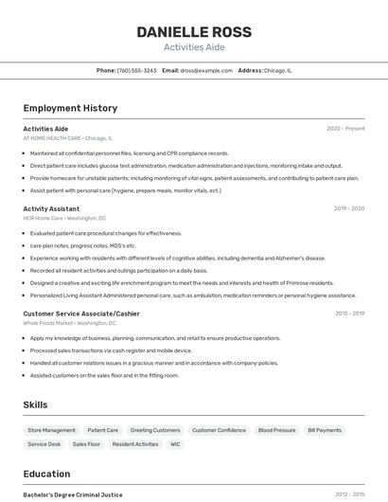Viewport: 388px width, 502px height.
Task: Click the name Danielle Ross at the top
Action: click(194, 31)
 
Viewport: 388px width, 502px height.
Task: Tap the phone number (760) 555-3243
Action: click(137, 70)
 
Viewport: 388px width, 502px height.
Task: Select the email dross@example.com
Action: click(206, 70)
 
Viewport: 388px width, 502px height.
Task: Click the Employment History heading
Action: click(70, 108)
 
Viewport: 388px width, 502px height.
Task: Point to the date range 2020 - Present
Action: click(345, 128)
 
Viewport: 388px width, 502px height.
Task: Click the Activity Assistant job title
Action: click(51, 208)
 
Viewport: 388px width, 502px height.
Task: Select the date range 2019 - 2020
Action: click(349, 208)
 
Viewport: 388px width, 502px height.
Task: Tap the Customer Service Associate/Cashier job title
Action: click(81, 314)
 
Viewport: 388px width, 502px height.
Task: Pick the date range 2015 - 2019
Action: click(349, 314)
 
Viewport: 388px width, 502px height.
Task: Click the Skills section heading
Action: click(35, 404)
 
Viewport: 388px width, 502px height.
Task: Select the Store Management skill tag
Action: click(51, 430)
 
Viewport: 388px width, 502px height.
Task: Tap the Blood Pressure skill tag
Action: click(276, 430)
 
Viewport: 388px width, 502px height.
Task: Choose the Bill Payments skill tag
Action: click(325, 430)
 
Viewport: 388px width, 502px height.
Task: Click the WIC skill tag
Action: click(175, 443)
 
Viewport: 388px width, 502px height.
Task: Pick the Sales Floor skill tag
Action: click(86, 443)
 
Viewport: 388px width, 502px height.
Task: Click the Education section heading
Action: click(46, 474)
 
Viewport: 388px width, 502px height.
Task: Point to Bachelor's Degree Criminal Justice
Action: click(73, 494)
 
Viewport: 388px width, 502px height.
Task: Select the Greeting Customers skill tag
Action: click(155, 430)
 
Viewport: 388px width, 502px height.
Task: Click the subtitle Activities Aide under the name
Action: click(194, 46)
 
